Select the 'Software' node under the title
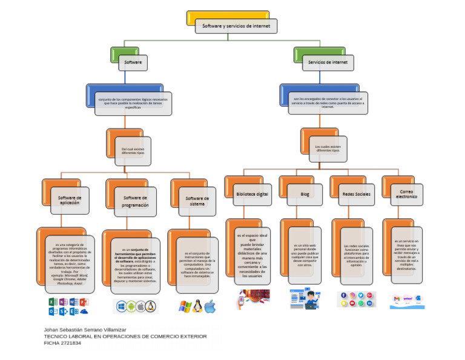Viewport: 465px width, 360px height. pyautogui.click(x=133, y=62)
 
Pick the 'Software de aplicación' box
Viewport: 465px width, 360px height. pyautogui.click(x=70, y=200)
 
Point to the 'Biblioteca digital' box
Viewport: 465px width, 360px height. pyautogui.click(x=252, y=194)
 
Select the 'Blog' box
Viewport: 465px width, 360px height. pyautogui.click(x=305, y=194)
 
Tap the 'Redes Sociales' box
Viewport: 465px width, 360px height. pyautogui.click(x=357, y=194)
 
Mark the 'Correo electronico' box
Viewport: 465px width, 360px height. pyautogui.click(x=406, y=194)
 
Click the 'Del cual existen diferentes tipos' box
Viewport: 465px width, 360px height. pyautogui.click(x=133, y=151)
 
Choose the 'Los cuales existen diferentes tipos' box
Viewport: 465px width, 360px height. pyautogui.click(x=328, y=148)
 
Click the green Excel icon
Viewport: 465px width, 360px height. pyautogui.click(x=52, y=302)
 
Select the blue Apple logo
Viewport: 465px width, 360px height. pyautogui.click(x=210, y=307)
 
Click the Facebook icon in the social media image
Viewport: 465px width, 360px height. pyautogui.click(x=344, y=296)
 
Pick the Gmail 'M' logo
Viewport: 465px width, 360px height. pyautogui.click(x=397, y=299)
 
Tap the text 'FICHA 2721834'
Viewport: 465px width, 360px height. pyautogui.click(x=62, y=343)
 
